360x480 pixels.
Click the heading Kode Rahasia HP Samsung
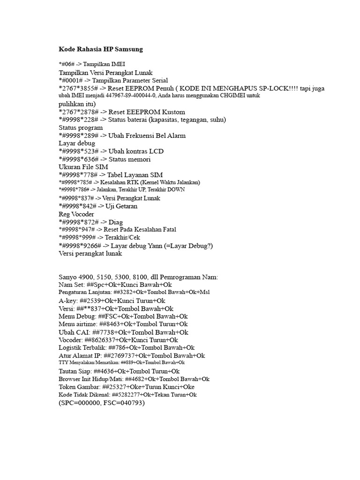click(x=100, y=49)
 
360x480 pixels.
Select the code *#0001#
click(x=71, y=80)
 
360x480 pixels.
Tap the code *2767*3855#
click(x=79, y=88)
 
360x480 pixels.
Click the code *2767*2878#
click(x=79, y=112)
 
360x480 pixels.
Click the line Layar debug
click(x=77, y=143)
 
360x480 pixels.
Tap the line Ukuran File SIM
click(x=83, y=167)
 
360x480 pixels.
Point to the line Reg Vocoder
click(x=76, y=214)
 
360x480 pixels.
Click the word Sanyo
click(x=68, y=277)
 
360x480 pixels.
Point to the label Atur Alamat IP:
click(x=80, y=356)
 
